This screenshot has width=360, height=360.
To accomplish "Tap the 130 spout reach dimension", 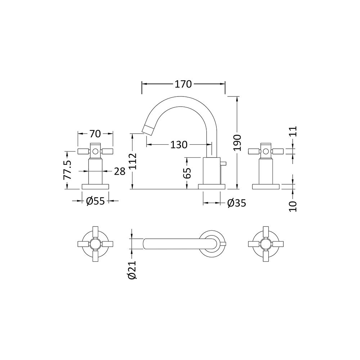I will pyautogui.click(x=179, y=145).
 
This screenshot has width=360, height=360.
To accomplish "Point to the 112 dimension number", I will pyautogui.click(x=133, y=161).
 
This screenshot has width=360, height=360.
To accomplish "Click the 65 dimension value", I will pyautogui.click(x=187, y=172).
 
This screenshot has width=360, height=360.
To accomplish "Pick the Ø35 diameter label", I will pyautogui.click(x=237, y=203).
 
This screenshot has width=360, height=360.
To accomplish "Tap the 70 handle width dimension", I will pyautogui.click(x=95, y=134).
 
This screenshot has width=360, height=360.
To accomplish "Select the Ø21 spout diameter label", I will pyautogui.click(x=132, y=270).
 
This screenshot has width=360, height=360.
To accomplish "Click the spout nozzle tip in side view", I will pyautogui.click(x=147, y=129).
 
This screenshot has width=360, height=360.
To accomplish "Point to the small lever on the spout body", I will pyautogui.click(x=224, y=164).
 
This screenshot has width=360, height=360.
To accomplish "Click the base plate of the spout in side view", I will pyautogui.click(x=212, y=186).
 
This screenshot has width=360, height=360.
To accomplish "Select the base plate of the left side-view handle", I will pyautogui.click(x=95, y=186).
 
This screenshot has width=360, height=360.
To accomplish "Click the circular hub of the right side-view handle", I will pyautogui.click(x=266, y=151).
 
